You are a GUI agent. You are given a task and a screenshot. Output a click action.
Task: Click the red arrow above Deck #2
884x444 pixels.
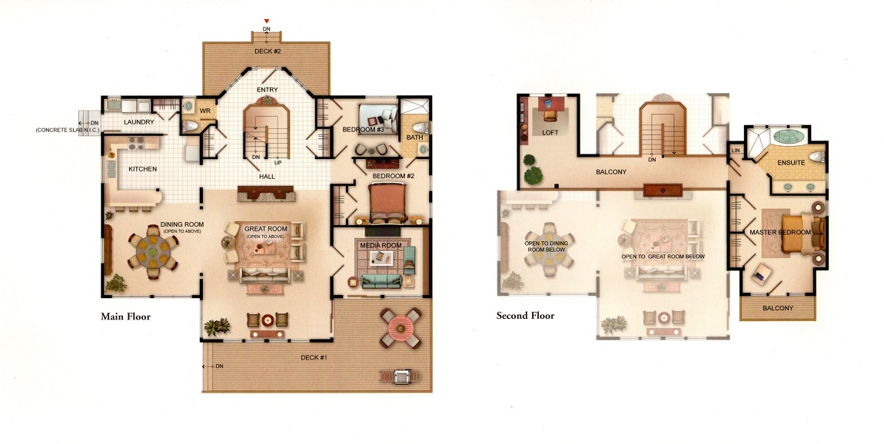pos(267,22)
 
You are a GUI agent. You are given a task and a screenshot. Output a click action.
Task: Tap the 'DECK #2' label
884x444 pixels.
pos(268,51)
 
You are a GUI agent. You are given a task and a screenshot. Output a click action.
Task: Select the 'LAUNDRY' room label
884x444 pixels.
pos(138,121)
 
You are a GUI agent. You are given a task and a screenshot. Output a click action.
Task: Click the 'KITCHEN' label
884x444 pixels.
pos(143,169)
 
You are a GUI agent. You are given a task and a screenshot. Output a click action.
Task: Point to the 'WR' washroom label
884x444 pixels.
pos(205,111)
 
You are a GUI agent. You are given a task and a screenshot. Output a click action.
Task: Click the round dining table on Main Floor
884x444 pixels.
pos(153,248)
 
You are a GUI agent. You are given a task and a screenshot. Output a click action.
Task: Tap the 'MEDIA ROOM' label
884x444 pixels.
pos(381,246)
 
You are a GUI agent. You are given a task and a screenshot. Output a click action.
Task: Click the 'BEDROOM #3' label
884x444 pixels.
pos(363,130)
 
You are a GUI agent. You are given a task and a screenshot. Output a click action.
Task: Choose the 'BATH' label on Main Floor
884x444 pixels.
pos(414,137)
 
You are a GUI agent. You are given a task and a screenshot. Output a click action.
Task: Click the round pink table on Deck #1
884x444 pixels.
pos(400,327)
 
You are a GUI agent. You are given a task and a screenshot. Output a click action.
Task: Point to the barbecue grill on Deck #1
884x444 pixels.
pos(401,376)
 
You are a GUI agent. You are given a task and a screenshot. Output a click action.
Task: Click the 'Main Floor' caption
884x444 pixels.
pos(126,316)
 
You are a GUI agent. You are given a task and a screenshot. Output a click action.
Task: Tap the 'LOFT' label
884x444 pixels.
pos(550,133)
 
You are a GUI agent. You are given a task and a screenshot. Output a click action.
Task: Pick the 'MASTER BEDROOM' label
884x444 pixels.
pos(780,232)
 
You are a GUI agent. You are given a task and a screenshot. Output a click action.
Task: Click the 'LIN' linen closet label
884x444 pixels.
pos(736,151)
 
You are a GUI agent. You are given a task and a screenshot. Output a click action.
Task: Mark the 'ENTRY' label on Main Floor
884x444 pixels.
pos(268,90)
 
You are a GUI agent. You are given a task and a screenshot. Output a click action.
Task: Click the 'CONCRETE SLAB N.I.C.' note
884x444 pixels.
pos(68,130)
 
